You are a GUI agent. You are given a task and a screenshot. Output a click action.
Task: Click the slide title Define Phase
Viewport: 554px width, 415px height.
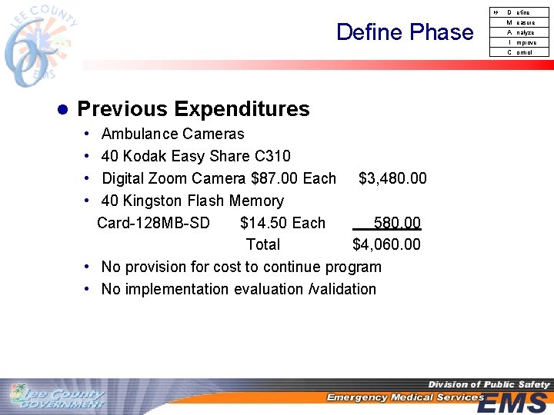(405, 32)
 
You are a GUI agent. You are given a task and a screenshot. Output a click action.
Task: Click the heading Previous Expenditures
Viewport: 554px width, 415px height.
(193, 109)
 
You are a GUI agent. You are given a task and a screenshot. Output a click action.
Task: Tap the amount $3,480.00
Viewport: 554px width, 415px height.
(392, 179)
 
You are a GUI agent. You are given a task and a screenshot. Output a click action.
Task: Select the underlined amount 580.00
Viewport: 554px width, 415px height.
(396, 224)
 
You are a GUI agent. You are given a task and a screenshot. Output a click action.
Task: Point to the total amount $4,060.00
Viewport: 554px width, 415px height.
(386, 245)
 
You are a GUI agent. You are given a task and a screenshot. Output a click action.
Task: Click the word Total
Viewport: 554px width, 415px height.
(263, 245)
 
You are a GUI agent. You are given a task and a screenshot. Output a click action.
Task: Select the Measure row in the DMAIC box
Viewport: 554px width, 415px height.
(521, 22)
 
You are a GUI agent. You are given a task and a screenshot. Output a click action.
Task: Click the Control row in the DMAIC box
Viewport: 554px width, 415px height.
(521, 52)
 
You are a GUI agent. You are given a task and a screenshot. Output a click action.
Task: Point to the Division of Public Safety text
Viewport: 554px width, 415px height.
(489, 384)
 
